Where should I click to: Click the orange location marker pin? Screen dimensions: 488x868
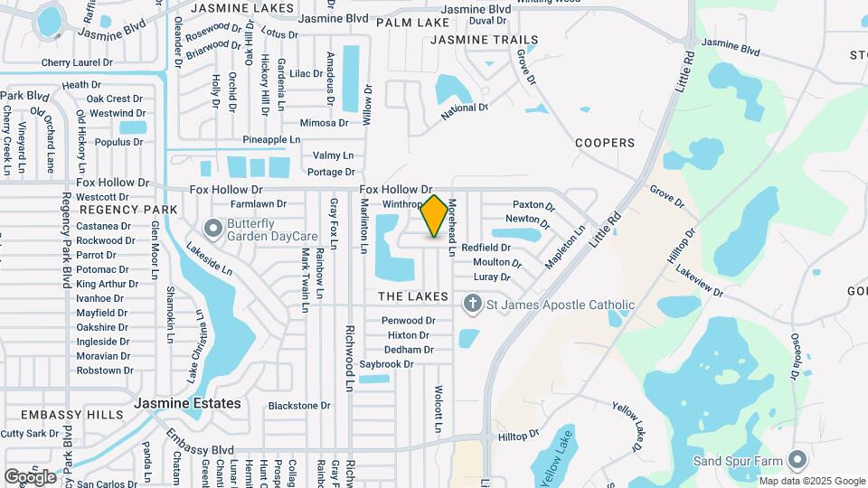pos(435,216)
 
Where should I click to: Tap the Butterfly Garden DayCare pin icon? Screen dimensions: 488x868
pos(214,227)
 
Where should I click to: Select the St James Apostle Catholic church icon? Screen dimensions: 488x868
pos(471,305)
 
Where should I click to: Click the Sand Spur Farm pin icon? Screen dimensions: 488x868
pos(797,461)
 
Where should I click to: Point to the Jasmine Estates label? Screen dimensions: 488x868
pos(188,403)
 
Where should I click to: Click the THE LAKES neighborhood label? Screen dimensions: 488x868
pos(412,296)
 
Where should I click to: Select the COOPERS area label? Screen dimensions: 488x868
pos(605,143)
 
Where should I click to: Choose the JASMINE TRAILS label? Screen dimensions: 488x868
pos(484,40)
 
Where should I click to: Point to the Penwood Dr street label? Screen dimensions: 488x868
pos(409,321)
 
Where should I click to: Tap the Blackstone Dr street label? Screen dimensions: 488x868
pos(299,406)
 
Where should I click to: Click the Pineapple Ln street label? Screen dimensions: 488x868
pos(271,140)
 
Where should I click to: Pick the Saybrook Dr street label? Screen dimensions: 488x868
pos(386,364)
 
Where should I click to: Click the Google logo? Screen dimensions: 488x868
pos(30,476)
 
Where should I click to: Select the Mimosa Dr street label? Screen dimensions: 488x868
pos(324,123)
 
